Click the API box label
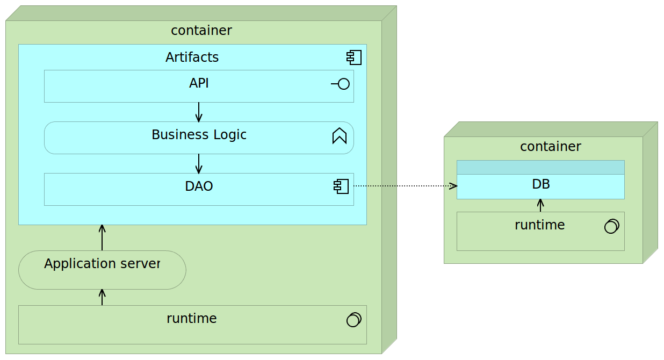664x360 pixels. point(199,83)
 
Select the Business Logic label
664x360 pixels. point(199,135)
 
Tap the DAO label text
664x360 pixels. point(199,186)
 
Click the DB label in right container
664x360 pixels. point(540,184)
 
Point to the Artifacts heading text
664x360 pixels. point(192,57)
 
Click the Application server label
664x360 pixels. point(102,264)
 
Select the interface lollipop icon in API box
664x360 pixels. point(341,84)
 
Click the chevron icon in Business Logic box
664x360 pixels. point(340,136)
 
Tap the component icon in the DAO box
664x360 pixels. point(341,186)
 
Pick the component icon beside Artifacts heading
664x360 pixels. point(354,57)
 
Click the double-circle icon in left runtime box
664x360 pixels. point(354,320)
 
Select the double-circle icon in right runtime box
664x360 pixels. point(612,226)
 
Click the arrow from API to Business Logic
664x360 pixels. point(199,112)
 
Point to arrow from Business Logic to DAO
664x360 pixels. point(199,164)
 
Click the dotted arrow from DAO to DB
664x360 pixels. point(405,186)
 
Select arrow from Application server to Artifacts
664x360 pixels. point(102,237)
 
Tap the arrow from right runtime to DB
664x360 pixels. point(540,205)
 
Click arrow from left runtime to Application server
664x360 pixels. point(102,297)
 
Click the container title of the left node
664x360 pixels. point(201,31)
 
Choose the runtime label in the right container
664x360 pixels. point(539,225)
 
